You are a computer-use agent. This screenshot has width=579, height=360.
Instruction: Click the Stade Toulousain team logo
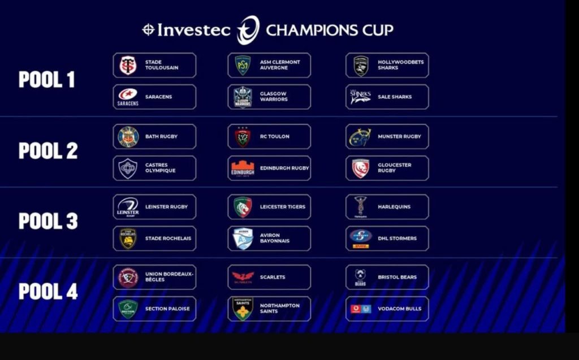[128, 66]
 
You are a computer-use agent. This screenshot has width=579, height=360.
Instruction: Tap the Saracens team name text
[158, 97]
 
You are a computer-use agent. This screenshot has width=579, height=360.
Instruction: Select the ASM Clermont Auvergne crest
[243, 66]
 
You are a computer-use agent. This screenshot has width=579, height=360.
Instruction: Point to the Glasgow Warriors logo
[243, 97]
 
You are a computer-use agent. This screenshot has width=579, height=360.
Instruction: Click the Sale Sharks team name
[395, 97]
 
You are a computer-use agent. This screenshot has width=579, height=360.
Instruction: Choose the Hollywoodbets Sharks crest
[361, 66]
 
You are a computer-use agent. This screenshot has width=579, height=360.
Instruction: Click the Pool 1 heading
[47, 79]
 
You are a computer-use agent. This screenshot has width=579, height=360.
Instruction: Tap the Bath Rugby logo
[128, 137]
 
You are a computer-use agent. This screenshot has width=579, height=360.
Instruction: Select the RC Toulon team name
[275, 136]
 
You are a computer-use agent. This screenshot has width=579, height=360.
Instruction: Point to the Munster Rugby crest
[360, 137]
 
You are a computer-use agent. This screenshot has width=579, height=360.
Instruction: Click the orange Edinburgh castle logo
[243, 169]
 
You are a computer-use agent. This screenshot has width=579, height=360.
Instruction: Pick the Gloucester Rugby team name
[394, 168]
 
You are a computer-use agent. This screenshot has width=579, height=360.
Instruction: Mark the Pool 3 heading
[49, 221]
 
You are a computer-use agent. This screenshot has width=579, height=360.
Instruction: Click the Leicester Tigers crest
[243, 207]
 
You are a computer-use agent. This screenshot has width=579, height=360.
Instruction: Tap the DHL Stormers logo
[361, 238]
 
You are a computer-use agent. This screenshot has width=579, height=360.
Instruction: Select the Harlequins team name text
[394, 207]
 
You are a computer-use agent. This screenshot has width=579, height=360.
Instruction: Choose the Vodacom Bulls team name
[400, 309]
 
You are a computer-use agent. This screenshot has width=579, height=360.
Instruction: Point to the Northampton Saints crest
[243, 309]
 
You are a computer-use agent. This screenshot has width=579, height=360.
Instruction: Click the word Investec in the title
[194, 30]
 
